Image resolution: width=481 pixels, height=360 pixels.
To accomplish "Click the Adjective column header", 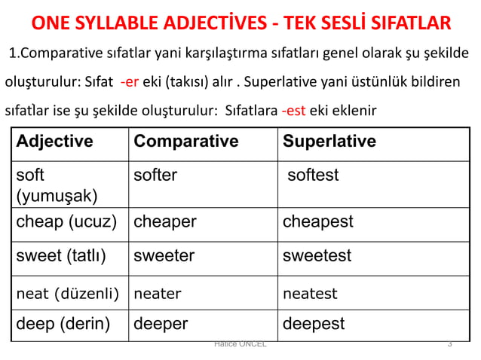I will pos(55,142).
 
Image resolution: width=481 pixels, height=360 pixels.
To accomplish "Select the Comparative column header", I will pos(185,142).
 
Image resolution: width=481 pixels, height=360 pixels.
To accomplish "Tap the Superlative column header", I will pos(329,142).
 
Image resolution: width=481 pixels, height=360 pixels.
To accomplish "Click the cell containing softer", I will pos(155,175).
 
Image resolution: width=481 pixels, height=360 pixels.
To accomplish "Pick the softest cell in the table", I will pos(313,175).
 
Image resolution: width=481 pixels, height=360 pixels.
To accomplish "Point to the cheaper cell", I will pos(164,222).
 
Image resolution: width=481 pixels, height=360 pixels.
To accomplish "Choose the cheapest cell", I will pos(317,222).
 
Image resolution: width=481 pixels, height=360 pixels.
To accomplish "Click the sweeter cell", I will pos(164,256).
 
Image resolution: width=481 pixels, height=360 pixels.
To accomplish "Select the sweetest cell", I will pos(317,256).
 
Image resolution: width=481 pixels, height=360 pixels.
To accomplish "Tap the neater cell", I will pos(157,294).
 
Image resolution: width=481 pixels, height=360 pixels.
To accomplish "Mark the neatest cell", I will pos(310,294).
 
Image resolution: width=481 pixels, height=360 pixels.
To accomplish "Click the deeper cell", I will pos(161,324).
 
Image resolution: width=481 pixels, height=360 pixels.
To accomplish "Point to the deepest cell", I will pos(314,324).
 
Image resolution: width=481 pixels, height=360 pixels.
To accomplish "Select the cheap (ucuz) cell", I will pos(66,222).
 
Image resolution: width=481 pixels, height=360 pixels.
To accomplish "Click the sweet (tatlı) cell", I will pos(61,256).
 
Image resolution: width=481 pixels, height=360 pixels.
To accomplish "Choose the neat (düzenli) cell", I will pos(68,294).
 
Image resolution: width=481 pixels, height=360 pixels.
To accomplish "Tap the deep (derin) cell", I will pos(63,324).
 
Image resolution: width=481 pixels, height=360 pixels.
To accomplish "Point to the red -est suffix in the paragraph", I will pos(293,111).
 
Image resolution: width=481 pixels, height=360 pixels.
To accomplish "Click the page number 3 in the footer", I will pos(449,344).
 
